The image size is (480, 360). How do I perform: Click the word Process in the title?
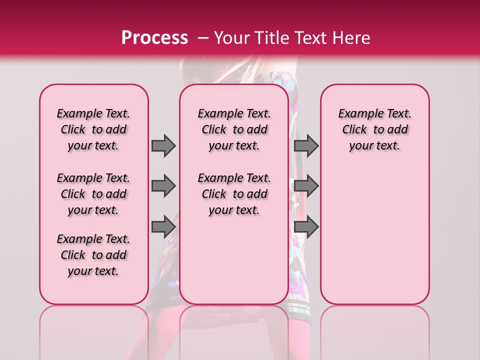(x=154, y=37)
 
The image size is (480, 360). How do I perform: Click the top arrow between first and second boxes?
(x=163, y=145)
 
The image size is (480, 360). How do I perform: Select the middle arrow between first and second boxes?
(x=163, y=186)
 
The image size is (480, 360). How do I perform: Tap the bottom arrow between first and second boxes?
(x=163, y=226)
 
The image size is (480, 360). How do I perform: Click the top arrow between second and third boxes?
(x=306, y=145)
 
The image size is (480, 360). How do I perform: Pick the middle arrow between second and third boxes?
(x=306, y=186)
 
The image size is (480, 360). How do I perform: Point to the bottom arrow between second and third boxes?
(x=306, y=226)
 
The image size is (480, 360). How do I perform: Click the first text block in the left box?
(x=93, y=129)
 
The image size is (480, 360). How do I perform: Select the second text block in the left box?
(x=93, y=194)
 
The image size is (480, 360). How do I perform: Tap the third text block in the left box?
(x=93, y=255)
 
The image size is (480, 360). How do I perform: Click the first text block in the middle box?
(x=234, y=129)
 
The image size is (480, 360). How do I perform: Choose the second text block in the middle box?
(x=234, y=194)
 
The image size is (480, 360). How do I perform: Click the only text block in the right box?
(x=375, y=129)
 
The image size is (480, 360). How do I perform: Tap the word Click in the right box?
(x=354, y=130)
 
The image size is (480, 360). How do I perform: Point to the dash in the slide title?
(x=203, y=37)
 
